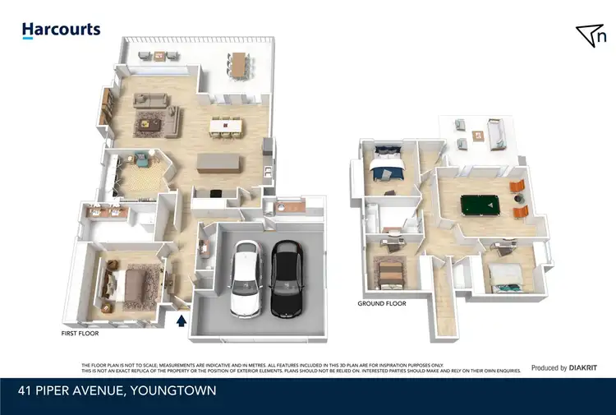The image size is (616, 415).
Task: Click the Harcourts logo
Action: click(61, 30)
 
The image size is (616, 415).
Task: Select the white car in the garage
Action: click(246, 278)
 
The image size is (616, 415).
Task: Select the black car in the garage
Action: click(286, 277)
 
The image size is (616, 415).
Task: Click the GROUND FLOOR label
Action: click(382, 303)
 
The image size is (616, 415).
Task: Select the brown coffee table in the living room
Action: click(150, 123)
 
